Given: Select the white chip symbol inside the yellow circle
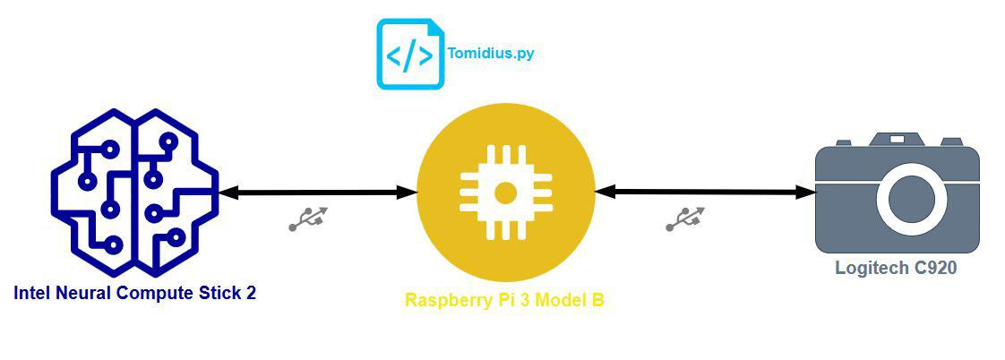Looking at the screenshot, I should click(x=505, y=193).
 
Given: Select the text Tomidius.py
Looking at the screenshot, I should click(x=490, y=54).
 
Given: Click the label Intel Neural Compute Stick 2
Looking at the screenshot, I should click(x=134, y=293).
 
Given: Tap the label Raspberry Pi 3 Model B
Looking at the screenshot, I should click(x=504, y=301).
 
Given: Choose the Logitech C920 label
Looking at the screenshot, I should click(x=896, y=267).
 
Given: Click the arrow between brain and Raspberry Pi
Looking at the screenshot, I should click(x=317, y=193).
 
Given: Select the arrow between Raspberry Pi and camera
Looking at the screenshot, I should click(x=705, y=192).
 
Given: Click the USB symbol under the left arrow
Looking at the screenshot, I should click(x=308, y=219).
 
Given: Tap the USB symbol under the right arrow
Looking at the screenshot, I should click(x=685, y=219).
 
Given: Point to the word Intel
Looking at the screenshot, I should click(x=32, y=293).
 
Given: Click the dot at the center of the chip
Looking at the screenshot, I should click(x=505, y=193).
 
